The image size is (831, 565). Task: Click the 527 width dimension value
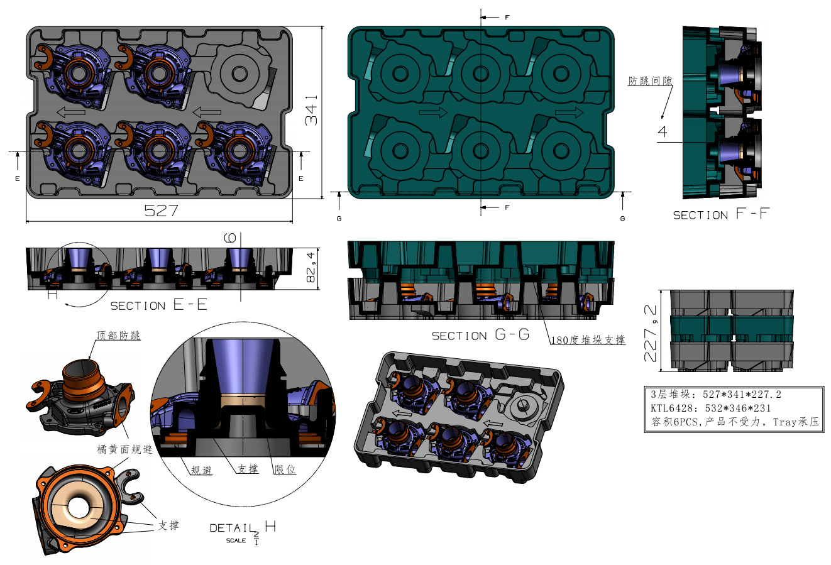coord(161,211)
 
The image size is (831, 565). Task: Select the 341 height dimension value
coord(311,110)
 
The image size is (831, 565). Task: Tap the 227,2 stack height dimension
coord(651,333)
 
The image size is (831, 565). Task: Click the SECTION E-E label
coord(158,305)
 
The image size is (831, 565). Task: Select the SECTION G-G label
coord(480,335)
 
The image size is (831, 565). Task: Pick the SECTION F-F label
coord(720,214)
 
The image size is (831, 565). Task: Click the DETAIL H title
coord(243,527)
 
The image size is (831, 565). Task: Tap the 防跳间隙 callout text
coord(650,80)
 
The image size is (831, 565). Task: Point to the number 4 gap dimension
coord(663,132)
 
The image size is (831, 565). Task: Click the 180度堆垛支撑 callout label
coord(588,340)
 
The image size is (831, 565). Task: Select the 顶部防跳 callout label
coord(118,336)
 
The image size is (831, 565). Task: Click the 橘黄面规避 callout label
coord(124,449)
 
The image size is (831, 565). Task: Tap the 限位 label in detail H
coord(285,469)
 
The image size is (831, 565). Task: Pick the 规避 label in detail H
coord(201,470)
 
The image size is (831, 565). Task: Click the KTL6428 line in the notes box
coord(710,408)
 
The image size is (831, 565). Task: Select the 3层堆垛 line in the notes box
coord(715,394)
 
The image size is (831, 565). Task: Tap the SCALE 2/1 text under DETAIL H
coord(242,539)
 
